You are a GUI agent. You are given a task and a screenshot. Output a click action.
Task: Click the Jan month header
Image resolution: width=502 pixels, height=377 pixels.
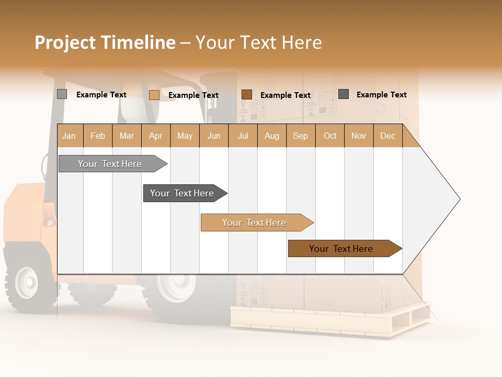click(x=69, y=136)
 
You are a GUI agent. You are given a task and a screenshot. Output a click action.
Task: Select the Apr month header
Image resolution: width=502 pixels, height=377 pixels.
click(x=155, y=136)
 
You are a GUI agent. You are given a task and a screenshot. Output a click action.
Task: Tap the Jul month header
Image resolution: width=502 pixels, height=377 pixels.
click(x=243, y=136)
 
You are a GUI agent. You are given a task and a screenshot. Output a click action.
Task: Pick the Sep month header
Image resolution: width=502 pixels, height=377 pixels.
click(x=300, y=136)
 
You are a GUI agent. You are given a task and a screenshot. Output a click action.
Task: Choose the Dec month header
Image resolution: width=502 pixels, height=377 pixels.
click(x=387, y=136)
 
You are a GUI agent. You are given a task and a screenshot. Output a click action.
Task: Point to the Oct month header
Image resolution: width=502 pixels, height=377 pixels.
click(x=330, y=136)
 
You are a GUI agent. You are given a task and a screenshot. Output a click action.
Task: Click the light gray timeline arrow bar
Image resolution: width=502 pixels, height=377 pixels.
click(x=110, y=164)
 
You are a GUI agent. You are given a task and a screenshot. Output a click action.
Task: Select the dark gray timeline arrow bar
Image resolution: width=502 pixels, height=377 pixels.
click(x=182, y=193)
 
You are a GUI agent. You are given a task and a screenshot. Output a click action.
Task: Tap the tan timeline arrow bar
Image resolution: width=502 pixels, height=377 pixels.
click(x=254, y=223)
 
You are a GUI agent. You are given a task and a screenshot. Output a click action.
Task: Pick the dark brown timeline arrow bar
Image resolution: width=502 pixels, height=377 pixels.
click(x=341, y=249)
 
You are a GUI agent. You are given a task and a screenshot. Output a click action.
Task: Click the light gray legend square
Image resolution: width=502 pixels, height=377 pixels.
click(x=62, y=94)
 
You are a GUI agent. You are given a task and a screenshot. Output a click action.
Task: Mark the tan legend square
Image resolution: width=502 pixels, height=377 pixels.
click(x=154, y=95)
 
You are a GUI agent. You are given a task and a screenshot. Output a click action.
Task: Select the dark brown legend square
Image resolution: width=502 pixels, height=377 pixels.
click(x=247, y=94)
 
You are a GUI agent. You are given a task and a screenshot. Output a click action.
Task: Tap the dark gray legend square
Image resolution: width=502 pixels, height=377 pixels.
click(x=344, y=94)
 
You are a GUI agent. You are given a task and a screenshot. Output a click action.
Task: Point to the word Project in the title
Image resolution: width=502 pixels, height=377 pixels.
click(x=65, y=42)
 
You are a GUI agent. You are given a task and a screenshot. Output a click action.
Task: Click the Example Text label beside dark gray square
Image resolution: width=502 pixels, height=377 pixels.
click(x=381, y=94)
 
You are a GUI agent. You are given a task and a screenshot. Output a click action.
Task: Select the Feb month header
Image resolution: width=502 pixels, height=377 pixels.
click(x=98, y=136)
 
